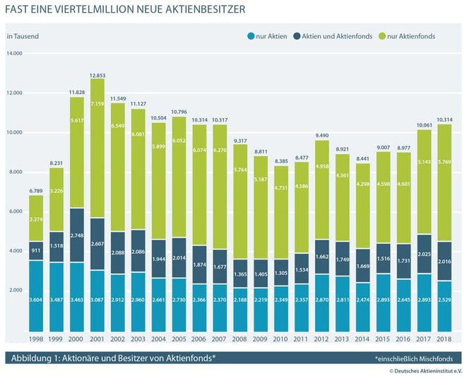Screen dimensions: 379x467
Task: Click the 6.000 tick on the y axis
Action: (x=16, y=212)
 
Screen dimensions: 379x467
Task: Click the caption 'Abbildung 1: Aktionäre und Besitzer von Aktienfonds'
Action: (x=113, y=358)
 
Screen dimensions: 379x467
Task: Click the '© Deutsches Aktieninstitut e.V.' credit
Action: (x=423, y=372)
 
